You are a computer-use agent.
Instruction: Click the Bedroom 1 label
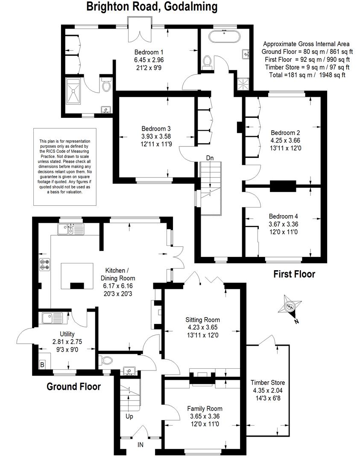[x=149, y=52]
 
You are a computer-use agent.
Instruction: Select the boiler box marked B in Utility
[x=42, y=365]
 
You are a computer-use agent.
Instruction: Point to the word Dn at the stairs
[x=210, y=158]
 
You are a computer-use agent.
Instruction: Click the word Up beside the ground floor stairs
[x=129, y=416]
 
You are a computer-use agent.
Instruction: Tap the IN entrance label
[x=140, y=445]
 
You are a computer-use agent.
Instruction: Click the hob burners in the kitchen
[x=44, y=264]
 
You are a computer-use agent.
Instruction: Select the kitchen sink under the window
[x=70, y=229]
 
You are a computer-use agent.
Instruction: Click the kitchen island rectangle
[x=77, y=276]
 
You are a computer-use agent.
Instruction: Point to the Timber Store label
[x=268, y=382]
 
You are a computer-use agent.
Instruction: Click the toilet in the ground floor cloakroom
[x=106, y=360]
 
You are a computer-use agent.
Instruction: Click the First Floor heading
[x=294, y=274]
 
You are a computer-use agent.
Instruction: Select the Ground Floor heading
[x=73, y=386]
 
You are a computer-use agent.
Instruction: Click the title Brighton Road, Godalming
[x=152, y=6]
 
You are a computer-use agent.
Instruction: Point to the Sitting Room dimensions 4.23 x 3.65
[x=203, y=327]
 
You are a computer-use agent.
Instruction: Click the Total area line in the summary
[x=307, y=75]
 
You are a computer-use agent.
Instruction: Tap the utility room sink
[x=52, y=318]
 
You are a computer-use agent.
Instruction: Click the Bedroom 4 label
[x=283, y=216]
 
